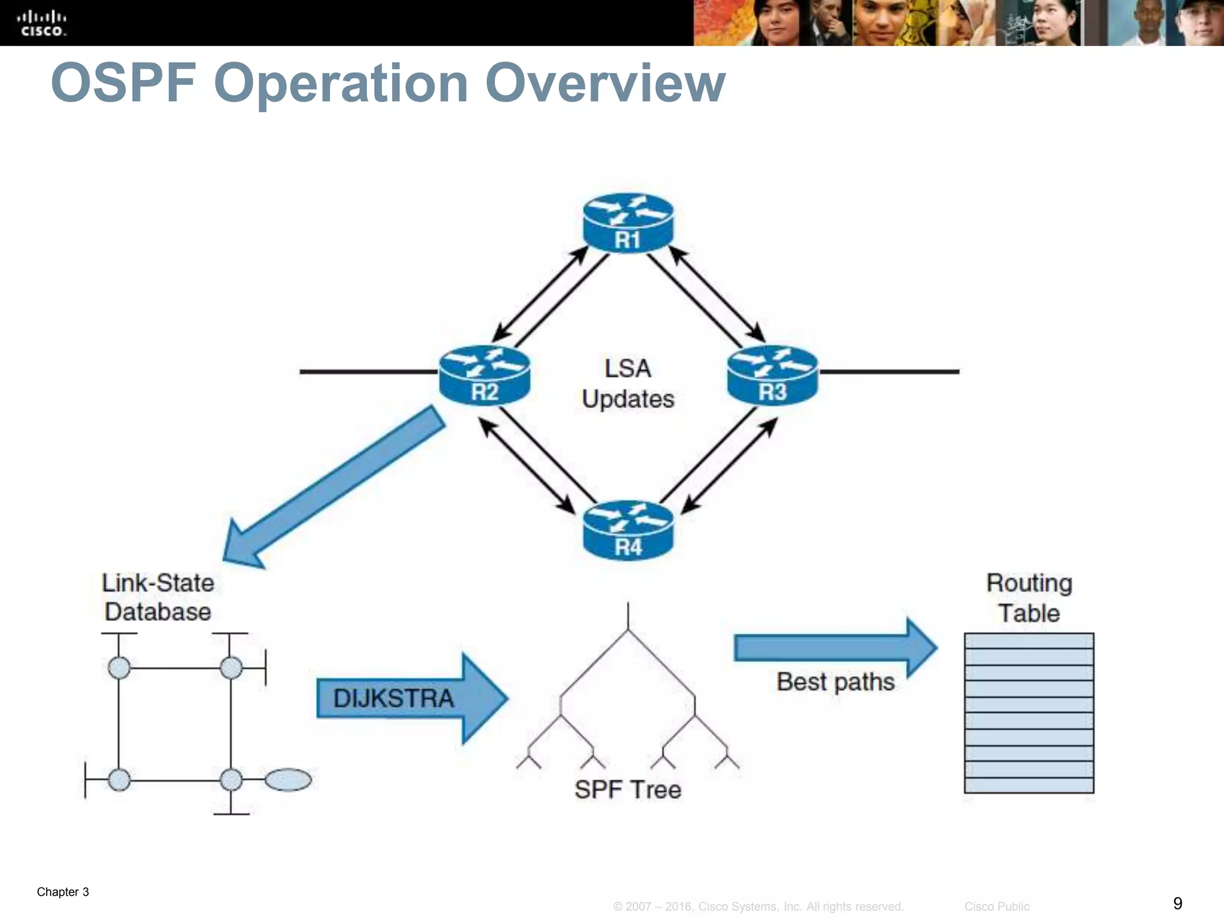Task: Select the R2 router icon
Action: [x=484, y=375]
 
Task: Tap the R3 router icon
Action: [x=772, y=375]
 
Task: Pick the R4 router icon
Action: [x=628, y=530]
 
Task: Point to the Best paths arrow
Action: [x=835, y=648]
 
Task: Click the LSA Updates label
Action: [x=628, y=384]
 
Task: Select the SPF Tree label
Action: [x=628, y=790]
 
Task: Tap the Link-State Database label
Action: [x=158, y=597]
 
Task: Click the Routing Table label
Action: [x=1029, y=598]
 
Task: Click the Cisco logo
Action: [x=43, y=23]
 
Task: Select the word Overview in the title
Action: [x=605, y=83]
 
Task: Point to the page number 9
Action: [x=1177, y=902]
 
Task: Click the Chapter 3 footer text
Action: [x=63, y=892]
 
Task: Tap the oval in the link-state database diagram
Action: [x=288, y=780]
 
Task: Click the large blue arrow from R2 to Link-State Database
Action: [x=335, y=487]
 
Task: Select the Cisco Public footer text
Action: [x=996, y=907]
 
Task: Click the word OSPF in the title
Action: [x=124, y=83]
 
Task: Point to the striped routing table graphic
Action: [x=1029, y=713]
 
